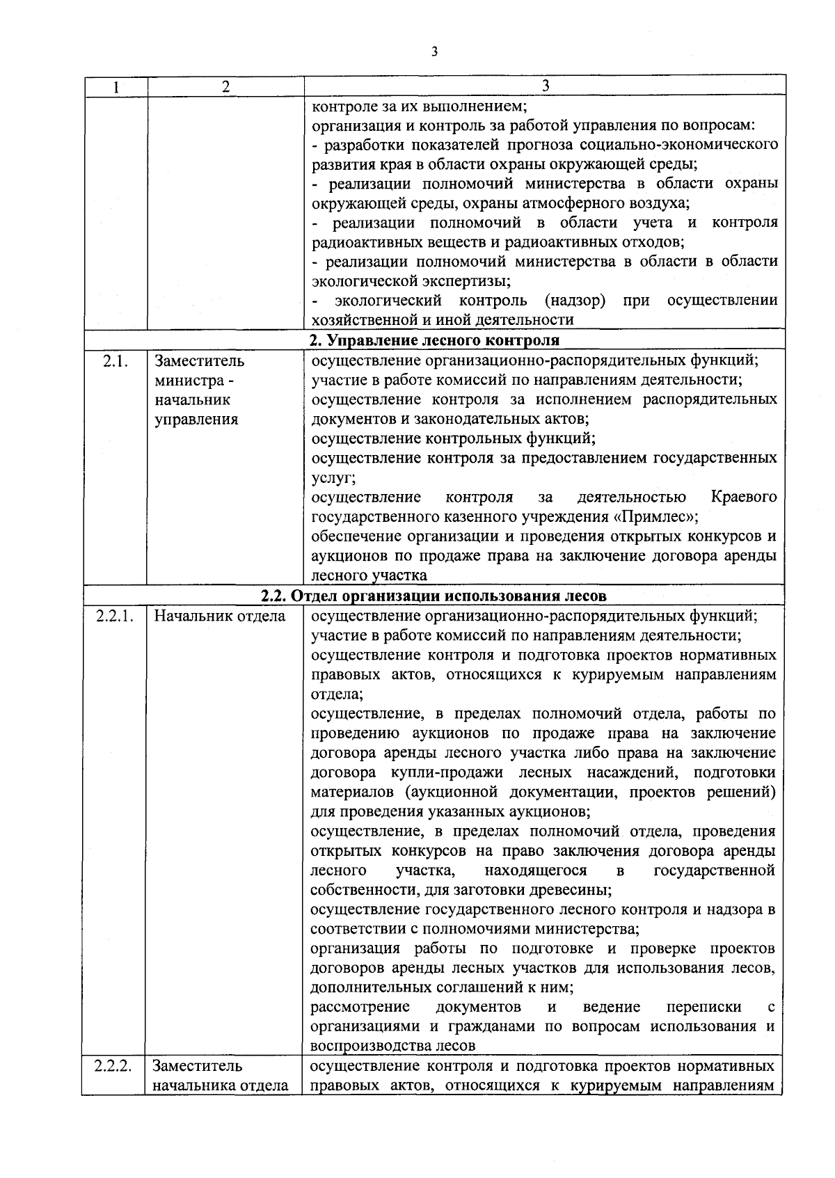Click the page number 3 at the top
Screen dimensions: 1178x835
click(434, 51)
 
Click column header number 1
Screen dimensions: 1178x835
click(116, 87)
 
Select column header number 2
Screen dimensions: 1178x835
click(225, 87)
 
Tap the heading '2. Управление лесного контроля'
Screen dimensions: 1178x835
click(434, 340)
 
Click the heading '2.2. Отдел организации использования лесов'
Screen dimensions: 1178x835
click(434, 596)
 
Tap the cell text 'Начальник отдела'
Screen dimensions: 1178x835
click(219, 616)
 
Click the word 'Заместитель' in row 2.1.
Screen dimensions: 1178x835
click(199, 361)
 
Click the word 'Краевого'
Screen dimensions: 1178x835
click(744, 498)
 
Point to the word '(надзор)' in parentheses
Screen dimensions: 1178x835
click(575, 301)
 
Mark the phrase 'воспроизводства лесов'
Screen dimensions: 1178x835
click(392, 1046)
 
